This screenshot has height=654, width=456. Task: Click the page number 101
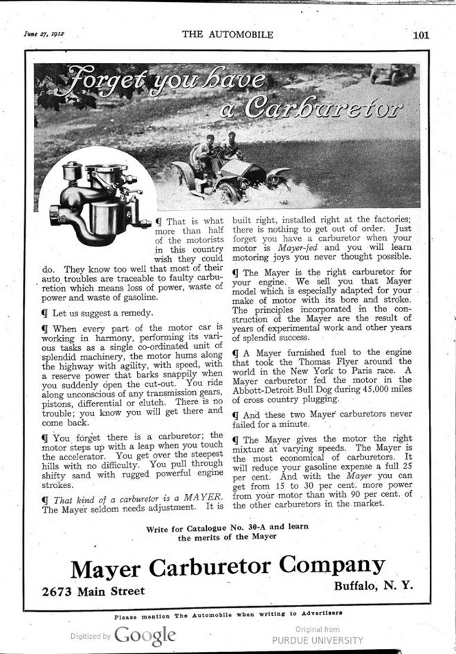[421, 35]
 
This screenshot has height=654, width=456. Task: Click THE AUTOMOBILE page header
[228, 35]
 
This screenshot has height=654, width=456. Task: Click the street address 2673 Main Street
[93, 590]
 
